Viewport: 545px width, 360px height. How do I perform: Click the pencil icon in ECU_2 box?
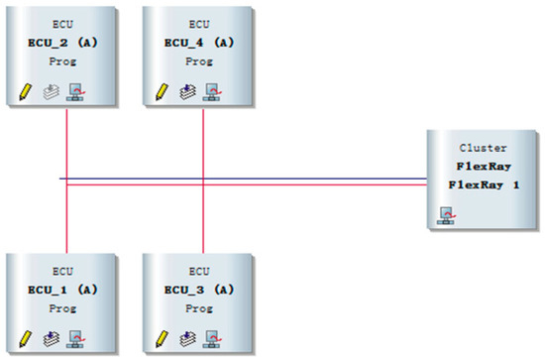tap(24, 92)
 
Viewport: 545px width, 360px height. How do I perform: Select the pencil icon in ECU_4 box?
tap(162, 92)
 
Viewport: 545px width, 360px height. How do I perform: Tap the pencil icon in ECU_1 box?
tap(24, 339)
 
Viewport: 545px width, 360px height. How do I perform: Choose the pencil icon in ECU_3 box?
tap(162, 339)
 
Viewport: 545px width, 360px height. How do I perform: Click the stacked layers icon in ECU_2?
tap(49, 92)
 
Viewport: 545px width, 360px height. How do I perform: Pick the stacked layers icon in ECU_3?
tap(186, 339)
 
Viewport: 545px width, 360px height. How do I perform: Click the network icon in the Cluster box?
tap(446, 215)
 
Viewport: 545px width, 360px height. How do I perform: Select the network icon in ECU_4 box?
tap(211, 92)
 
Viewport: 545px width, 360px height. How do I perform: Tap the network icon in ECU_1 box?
tap(74, 339)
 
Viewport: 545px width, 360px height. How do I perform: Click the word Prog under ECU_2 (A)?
tap(61, 60)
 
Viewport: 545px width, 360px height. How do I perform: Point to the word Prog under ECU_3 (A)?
tap(199, 308)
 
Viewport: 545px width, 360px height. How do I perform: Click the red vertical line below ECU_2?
tap(66, 139)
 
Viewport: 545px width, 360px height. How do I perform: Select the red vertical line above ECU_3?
tap(203, 223)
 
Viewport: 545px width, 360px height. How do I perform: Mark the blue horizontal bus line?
tap(297, 179)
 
